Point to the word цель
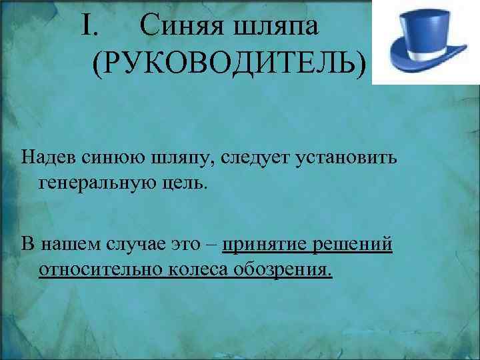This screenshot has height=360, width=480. point(187,182)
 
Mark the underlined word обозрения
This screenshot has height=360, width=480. point(280,271)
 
